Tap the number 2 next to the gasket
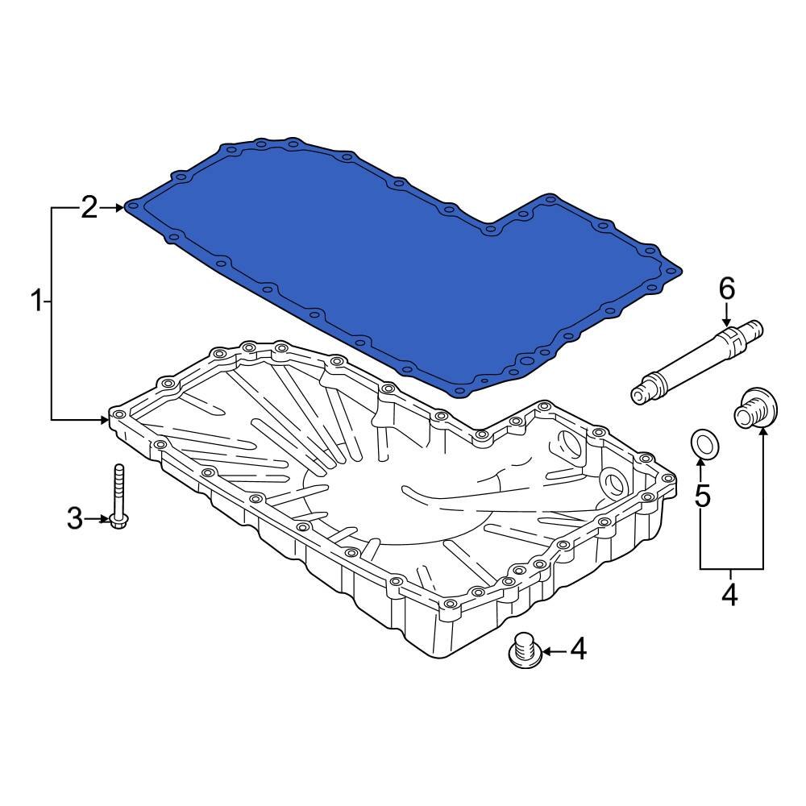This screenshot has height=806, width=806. click(x=89, y=207)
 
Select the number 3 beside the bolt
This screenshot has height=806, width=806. click(x=74, y=518)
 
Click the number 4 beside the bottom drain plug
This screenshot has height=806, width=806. click(x=578, y=649)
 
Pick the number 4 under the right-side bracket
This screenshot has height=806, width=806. click(x=729, y=595)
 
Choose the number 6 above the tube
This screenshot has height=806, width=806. click(x=727, y=288)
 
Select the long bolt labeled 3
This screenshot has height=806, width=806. click(x=119, y=496)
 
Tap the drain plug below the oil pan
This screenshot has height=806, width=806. click(x=523, y=650)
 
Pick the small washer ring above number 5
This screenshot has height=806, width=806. click(x=704, y=442)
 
